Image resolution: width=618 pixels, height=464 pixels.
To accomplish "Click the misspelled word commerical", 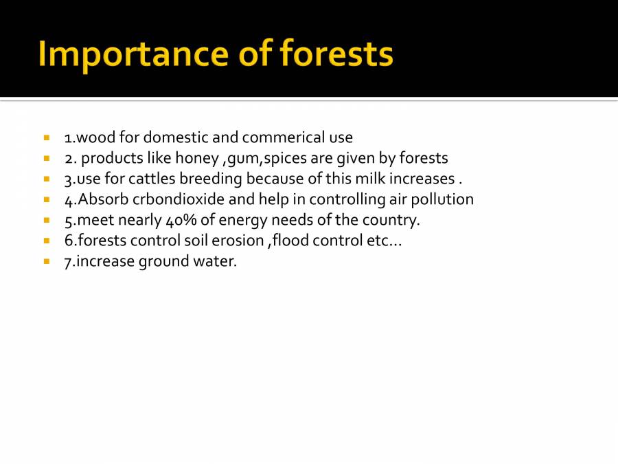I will click(279, 137).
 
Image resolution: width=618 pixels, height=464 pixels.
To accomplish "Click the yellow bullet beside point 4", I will click(47, 200).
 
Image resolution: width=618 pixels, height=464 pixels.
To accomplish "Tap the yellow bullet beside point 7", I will click(47, 262).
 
